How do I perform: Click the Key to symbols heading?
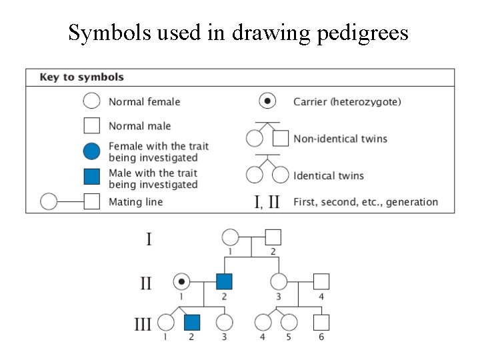[x=81, y=77]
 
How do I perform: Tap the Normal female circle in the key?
[x=91, y=101]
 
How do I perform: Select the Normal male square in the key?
[x=91, y=125]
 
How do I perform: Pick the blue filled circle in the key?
[x=91, y=151]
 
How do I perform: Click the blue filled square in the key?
[x=91, y=177]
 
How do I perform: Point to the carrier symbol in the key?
[x=267, y=101]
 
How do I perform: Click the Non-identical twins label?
[x=340, y=139]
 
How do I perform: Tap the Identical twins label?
[x=329, y=176]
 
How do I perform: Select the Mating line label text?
[x=135, y=201]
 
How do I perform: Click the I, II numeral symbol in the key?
[x=268, y=201]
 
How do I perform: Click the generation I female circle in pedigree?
[x=230, y=237]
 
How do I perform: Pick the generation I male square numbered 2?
[x=273, y=237]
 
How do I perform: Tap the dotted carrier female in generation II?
[x=181, y=282]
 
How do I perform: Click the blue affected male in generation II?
[x=223, y=282]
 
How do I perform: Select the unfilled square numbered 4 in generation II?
[x=321, y=282]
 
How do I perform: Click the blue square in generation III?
[x=192, y=323]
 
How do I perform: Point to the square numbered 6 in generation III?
[x=321, y=323]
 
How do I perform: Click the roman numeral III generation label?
[x=143, y=325]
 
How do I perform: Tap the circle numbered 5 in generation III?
[x=289, y=323]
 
